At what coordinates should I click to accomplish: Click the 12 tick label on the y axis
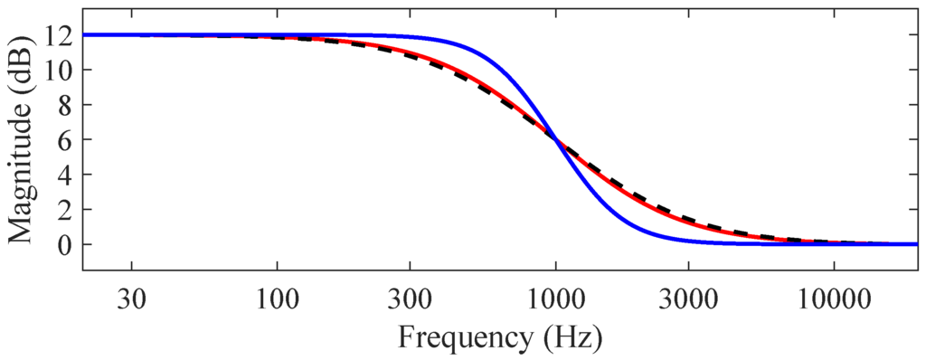coord(61,35)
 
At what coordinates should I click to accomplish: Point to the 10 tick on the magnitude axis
coord(61,70)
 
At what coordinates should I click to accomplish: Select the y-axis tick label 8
coord(67,105)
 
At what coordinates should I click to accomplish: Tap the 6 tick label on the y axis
coord(67,139)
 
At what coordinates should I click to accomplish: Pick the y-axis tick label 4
coord(67,175)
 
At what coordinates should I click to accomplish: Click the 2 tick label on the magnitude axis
coord(67,209)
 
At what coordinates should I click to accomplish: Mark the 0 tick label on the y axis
coord(67,244)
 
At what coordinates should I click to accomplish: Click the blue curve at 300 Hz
coord(410,37)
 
